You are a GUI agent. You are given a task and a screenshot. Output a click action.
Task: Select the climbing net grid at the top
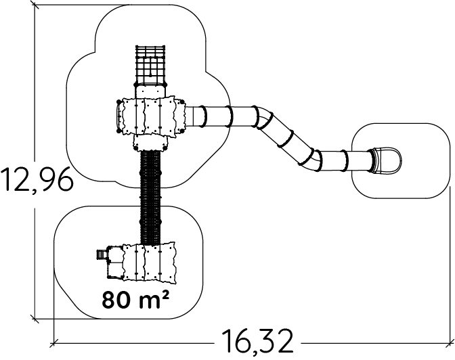(150, 65)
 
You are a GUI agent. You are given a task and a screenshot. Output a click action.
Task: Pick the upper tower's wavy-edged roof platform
(151, 116)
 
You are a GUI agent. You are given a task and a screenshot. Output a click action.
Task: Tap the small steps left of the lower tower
(101, 255)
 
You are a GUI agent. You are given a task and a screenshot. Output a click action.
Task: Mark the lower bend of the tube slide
(312, 158)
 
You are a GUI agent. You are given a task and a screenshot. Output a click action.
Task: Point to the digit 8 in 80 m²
(109, 299)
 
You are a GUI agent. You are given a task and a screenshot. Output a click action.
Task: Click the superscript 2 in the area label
(164, 294)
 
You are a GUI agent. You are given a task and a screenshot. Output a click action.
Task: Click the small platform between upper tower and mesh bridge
(150, 143)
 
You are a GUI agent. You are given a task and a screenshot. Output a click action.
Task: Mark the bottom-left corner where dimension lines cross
(53, 318)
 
